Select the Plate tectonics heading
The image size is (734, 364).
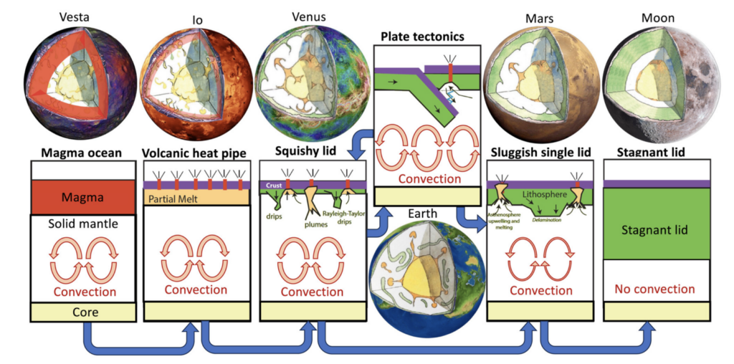tap(422, 36)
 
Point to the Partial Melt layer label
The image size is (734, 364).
tap(176, 198)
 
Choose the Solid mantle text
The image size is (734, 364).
tap(76, 224)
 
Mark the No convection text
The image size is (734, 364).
tap(654, 289)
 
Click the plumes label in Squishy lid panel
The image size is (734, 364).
tap(311, 221)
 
